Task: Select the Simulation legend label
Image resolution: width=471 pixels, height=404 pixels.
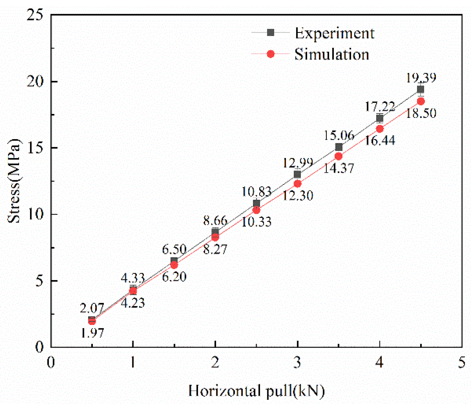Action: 331,54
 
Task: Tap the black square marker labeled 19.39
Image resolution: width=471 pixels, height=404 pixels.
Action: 420,89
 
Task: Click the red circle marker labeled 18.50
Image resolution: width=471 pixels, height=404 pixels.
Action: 421,101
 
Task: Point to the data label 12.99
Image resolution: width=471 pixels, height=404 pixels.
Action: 298,162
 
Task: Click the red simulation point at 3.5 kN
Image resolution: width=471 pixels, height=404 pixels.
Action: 338,156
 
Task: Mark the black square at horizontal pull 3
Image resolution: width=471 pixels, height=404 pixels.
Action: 297,174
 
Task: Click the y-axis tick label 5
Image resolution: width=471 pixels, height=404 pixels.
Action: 39,281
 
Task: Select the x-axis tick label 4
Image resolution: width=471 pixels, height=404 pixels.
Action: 379,362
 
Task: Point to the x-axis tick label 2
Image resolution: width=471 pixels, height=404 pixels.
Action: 215,362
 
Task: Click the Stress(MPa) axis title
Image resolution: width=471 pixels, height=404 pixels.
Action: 14,181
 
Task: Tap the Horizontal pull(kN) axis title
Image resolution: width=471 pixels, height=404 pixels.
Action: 256,391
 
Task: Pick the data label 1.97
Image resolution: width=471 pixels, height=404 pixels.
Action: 92,333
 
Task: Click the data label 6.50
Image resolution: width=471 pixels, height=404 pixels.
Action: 174,249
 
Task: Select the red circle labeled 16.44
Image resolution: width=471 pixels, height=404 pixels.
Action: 380,129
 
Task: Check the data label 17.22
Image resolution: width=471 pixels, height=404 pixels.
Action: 380,106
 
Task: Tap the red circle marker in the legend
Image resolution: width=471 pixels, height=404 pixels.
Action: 271,54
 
